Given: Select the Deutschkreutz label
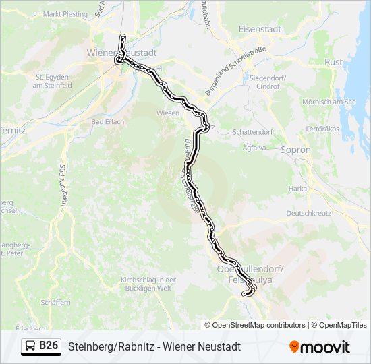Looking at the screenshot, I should coord(311,212).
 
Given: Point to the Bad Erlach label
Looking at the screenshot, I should coord(107,122).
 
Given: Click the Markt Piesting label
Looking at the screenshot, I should coord(66,14).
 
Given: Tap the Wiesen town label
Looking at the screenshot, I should coord(167,113).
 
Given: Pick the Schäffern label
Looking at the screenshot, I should coord(55,303).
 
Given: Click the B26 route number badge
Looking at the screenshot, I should coord(49,346).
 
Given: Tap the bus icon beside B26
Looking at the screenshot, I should coord(30,346).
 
